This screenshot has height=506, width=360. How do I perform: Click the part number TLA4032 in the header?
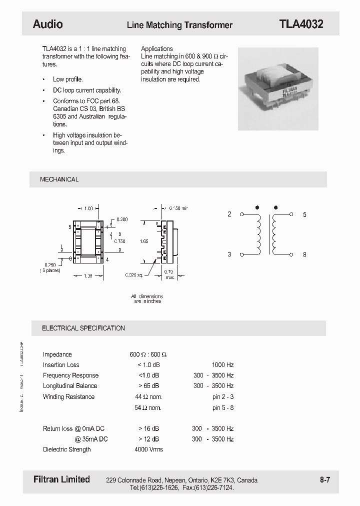301,24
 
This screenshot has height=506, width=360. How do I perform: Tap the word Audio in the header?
47,24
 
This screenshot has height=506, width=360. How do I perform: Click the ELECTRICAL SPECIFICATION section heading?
83,328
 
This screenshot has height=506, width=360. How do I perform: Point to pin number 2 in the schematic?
229,214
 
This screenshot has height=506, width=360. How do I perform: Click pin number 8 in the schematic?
304,254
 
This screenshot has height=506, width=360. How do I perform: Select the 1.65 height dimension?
144,241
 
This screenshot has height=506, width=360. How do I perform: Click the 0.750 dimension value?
119,241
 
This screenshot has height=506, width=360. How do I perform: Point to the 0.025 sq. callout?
133,274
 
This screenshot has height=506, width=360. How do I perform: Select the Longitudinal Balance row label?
70,386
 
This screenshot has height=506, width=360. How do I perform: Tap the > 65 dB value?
148,386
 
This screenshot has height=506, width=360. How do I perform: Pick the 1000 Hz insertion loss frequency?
222,365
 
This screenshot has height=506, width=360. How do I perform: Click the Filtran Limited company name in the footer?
61,479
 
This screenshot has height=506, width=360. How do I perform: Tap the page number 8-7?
325,480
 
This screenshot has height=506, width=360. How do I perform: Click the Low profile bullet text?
68,79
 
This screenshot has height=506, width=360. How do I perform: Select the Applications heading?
157,49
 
